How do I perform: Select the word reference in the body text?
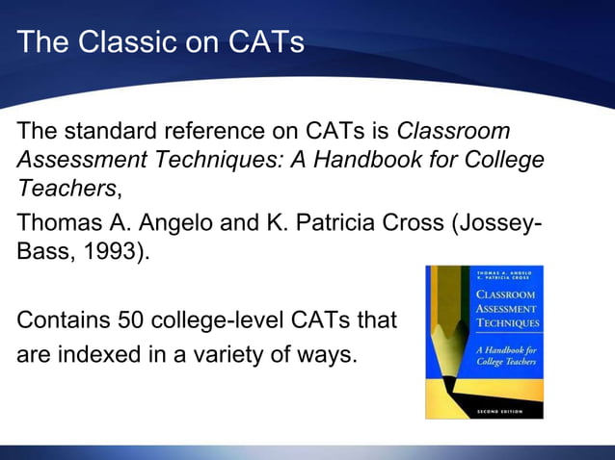pos(217,132)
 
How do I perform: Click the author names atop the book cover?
pos(508,276)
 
